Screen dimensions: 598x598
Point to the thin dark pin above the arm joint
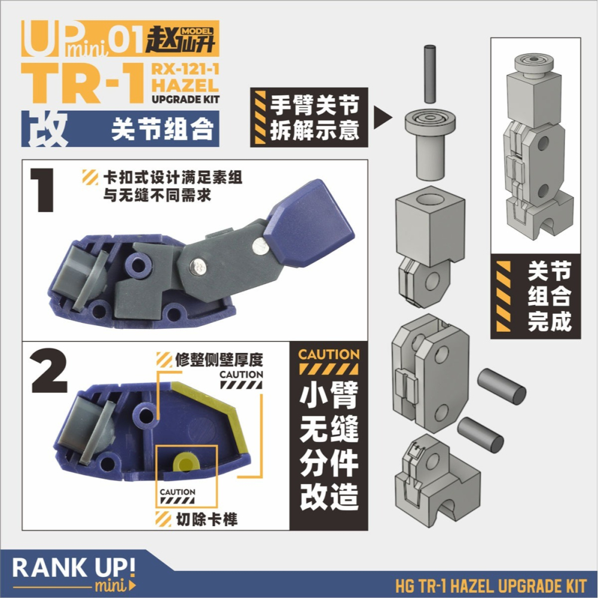tap(428, 75)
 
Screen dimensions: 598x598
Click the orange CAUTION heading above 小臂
tap(329, 354)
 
